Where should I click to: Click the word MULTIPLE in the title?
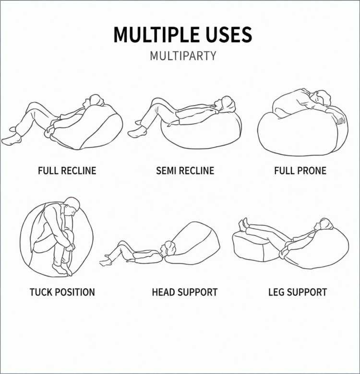(x=156, y=35)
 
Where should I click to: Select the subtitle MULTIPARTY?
(x=183, y=56)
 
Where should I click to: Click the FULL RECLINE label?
(x=67, y=171)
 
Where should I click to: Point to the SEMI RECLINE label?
(x=185, y=171)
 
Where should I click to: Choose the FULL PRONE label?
(x=300, y=171)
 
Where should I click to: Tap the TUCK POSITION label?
(x=62, y=292)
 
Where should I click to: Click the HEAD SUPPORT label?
(x=185, y=292)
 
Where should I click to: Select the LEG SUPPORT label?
(x=298, y=292)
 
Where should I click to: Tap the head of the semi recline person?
(x=226, y=104)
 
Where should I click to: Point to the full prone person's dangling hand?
(x=340, y=119)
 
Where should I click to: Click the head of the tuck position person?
(x=71, y=206)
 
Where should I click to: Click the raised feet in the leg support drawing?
(x=243, y=225)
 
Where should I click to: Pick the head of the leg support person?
(x=324, y=224)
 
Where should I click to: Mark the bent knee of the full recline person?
(x=34, y=105)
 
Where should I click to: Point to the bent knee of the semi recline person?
(x=156, y=101)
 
